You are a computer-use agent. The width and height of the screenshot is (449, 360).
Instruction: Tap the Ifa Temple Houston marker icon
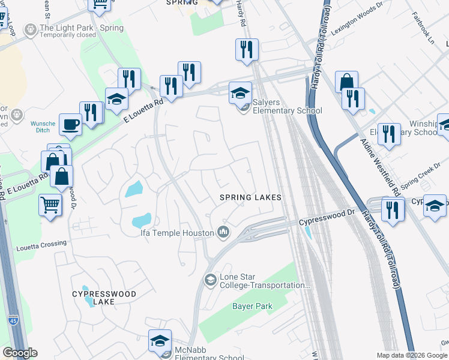point(224,232)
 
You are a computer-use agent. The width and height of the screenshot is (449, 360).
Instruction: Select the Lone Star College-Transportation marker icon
point(211,280)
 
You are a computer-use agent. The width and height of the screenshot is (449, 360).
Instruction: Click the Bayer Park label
point(252,306)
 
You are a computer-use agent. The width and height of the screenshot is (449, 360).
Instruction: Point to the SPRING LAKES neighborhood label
point(250,197)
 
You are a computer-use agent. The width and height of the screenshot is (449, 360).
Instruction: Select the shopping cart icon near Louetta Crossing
point(50,205)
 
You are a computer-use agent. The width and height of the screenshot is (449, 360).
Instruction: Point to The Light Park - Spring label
point(81,28)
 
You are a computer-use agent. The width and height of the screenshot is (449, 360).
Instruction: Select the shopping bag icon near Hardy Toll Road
point(346,81)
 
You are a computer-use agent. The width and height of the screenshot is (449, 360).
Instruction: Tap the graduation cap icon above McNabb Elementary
point(160,340)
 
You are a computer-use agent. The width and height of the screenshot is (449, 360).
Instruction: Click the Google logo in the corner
point(20,353)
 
